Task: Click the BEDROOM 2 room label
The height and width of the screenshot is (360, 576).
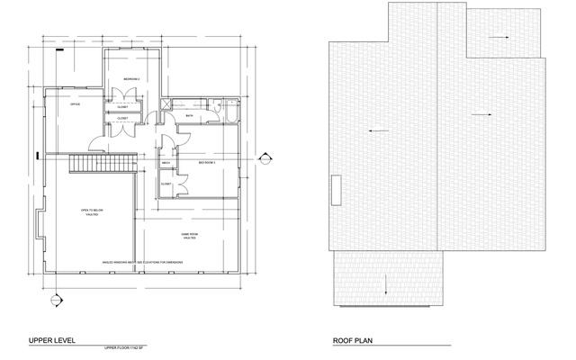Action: [131, 80]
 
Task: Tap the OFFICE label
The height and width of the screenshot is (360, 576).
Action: [76, 103]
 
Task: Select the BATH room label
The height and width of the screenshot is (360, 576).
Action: [189, 116]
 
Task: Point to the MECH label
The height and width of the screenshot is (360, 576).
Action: [166, 163]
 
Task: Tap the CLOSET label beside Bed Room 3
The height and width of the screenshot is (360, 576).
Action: [166, 184]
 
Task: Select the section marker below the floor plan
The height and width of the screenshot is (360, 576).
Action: [55, 300]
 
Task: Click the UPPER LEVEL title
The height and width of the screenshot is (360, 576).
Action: [52, 341]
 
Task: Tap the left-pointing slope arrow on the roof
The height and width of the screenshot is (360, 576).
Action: [378, 131]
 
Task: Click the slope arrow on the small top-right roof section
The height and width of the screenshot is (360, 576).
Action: [500, 38]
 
